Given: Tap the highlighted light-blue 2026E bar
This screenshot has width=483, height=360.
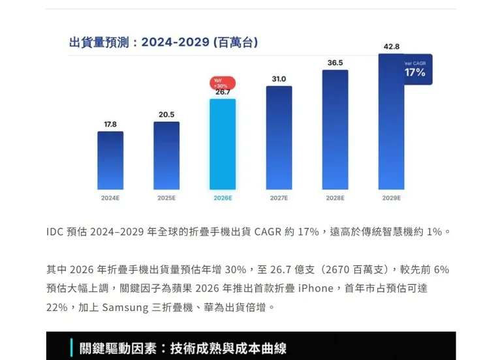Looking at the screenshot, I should tap(223, 144).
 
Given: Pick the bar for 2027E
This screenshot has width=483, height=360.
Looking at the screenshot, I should tap(279, 138).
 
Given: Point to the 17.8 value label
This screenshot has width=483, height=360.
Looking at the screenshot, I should tap(110, 124).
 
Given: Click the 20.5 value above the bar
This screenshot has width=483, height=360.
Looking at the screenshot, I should tap(166, 114).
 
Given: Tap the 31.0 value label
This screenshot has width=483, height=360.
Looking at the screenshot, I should tap(279, 79).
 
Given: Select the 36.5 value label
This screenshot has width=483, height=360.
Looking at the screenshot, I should tap(335, 63).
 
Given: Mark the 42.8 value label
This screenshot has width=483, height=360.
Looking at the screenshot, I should tap(392, 46).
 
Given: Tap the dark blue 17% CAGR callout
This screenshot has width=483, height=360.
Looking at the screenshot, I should tap(415, 70).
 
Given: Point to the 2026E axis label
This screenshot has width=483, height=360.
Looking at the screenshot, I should tap(223, 198).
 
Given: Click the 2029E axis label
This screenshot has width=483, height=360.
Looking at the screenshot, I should tap(391, 198).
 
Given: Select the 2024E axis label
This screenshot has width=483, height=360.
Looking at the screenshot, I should tap(110, 198).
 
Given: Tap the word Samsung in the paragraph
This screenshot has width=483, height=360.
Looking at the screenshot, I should tap(125, 307).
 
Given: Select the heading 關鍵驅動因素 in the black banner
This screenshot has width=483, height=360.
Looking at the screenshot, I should tap(121, 348).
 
